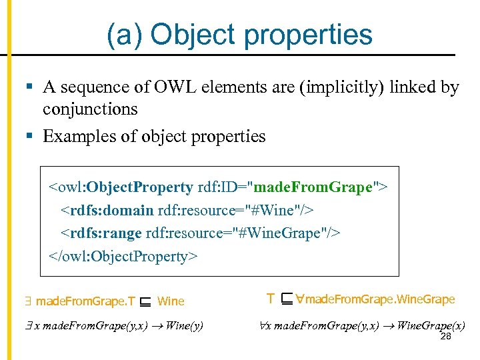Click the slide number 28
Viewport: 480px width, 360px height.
(447, 337)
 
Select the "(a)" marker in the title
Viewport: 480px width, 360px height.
(127, 35)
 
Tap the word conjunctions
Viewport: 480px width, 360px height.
(90, 109)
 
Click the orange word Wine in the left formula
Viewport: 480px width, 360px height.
(171, 301)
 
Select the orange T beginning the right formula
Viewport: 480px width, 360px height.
(270, 299)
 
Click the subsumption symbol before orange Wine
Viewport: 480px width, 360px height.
(145, 301)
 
